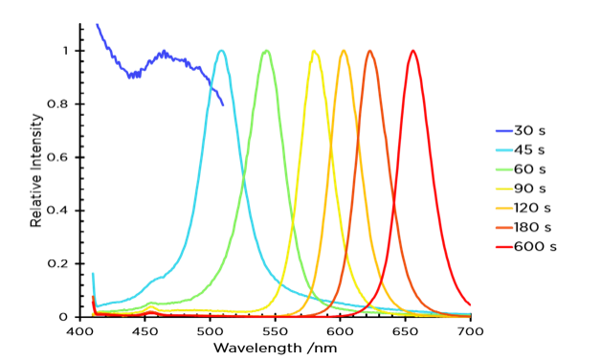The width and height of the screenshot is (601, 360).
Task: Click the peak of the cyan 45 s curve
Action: [x=222, y=51]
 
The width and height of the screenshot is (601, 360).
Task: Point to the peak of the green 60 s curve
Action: [x=266, y=51]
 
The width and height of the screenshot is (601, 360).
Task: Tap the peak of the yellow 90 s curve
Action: [x=314, y=51]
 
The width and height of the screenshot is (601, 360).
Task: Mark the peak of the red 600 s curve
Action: [x=412, y=51]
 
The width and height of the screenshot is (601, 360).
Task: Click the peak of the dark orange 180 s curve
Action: [x=369, y=51]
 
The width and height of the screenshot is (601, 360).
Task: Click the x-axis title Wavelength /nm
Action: [x=275, y=348]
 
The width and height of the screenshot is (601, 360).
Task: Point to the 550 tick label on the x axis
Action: [x=275, y=330]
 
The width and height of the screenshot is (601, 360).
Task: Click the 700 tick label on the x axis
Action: [x=470, y=330]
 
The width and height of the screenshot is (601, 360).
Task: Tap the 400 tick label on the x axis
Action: [x=79, y=330]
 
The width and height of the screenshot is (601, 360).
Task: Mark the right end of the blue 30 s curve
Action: [x=223, y=104]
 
